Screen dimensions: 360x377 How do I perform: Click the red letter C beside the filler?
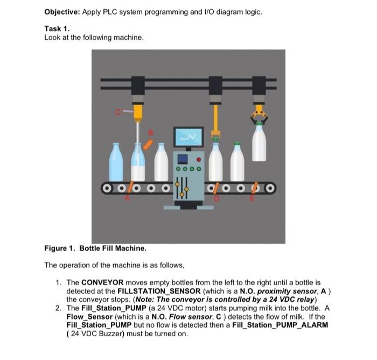117,112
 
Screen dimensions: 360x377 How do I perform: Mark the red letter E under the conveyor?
251,198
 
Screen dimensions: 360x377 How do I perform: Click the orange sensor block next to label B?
148,144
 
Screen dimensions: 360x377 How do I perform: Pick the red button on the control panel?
199,160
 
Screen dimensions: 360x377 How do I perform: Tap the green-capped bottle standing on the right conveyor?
237,163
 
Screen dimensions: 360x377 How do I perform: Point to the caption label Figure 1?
60,248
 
